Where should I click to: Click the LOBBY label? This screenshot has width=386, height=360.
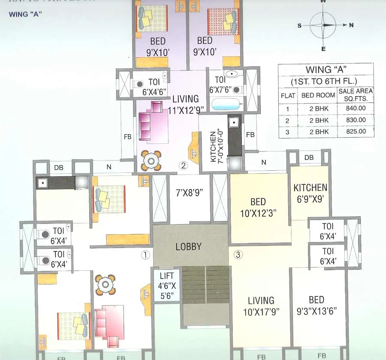(188, 247)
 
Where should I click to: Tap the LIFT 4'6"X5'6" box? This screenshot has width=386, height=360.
(166, 285)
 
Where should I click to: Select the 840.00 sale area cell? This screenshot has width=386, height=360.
(356, 109)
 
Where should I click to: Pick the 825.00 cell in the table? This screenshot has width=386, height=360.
(356, 132)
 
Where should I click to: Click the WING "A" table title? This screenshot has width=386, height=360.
(326, 70)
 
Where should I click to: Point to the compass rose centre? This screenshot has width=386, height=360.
(323, 25)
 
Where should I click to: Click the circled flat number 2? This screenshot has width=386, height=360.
(184, 166)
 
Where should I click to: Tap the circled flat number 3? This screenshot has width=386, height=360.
(238, 255)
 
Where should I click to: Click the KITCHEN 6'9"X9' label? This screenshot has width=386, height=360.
(310, 192)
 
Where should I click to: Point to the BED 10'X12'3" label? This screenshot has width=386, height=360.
(258, 206)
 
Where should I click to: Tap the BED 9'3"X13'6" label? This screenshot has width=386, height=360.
(317, 305)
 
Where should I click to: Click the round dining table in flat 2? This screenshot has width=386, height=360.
(151, 160)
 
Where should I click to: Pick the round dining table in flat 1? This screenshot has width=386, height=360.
(105, 284)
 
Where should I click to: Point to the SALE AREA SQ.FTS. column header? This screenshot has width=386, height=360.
(356, 94)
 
